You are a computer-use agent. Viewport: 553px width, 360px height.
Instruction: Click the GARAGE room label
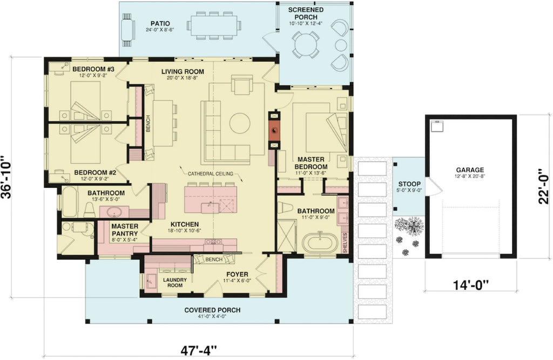469,169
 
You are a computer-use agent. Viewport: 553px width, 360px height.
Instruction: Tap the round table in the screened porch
306,44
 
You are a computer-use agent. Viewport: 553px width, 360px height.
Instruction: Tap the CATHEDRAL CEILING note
211,174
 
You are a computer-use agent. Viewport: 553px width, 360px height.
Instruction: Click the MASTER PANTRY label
125,230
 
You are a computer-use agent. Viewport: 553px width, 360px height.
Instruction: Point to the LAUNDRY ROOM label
176,282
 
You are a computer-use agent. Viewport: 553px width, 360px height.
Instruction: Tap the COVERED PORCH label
212,310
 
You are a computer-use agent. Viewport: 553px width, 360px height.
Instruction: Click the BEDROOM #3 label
93,69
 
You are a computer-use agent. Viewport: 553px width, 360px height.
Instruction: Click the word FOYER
237,274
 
